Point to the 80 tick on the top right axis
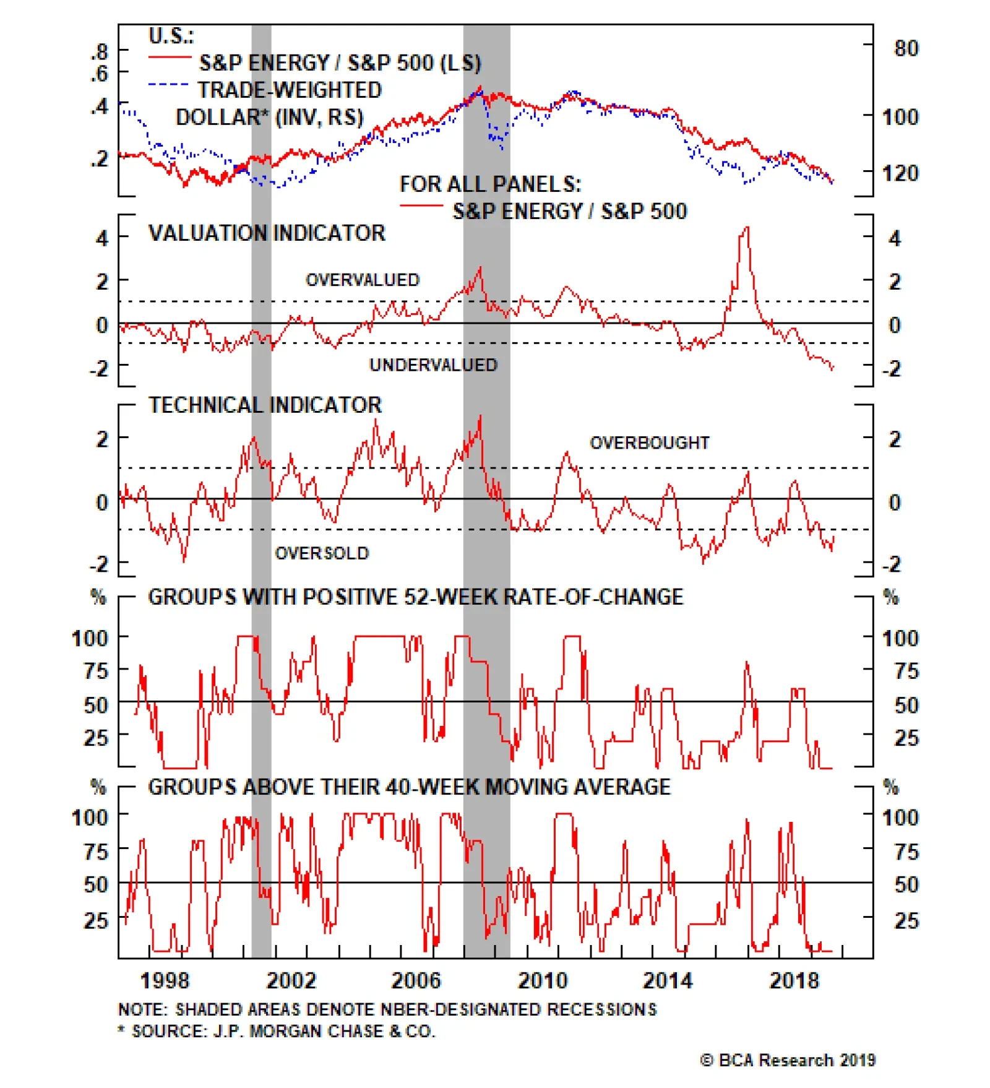(905, 48)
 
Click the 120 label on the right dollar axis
(900, 173)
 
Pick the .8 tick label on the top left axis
(99, 51)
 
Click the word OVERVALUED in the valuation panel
(363, 280)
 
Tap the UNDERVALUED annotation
(433, 365)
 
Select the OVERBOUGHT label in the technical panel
(649, 443)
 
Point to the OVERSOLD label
(322, 553)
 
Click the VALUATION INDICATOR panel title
(267, 233)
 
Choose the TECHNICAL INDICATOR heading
(265, 405)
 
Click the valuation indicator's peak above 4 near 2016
(747, 228)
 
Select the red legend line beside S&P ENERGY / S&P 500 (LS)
(170, 58)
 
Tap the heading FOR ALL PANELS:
(490, 184)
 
